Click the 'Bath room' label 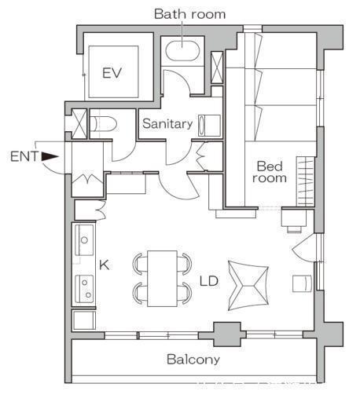pos(189,14)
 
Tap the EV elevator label pos(112,73)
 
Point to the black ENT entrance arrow pos(50,156)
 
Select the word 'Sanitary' pos(167,124)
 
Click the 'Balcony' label pos(193,360)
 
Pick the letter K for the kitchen pos(104,265)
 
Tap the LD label pos(209,281)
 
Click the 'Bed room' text pos(270,172)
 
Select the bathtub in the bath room pos(183,50)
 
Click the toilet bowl pos(103,124)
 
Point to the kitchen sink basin pos(84,239)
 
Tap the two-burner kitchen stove pos(84,289)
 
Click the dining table pos(162,279)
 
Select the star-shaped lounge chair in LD pos(248,286)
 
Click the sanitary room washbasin pos(209,126)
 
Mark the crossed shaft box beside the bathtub pos(217,68)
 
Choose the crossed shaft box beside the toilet pos(79,124)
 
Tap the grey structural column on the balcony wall pos(227,334)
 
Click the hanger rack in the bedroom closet pos(305,181)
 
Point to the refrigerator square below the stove pos(84,320)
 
